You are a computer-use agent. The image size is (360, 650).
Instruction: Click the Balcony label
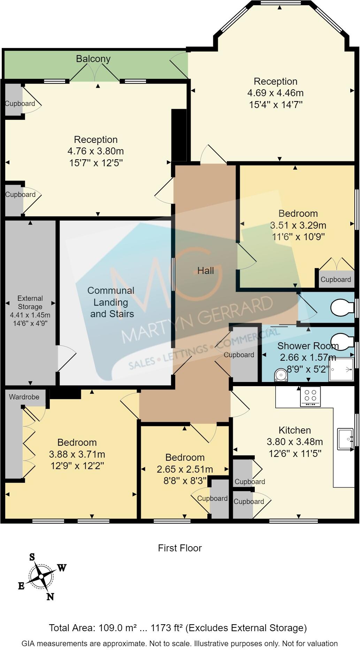[x=93, y=59]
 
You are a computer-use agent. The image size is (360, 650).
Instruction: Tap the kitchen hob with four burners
[x=310, y=396]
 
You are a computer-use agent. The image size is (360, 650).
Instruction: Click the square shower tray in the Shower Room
[x=341, y=369]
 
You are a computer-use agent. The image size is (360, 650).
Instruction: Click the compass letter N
[x=50, y=597]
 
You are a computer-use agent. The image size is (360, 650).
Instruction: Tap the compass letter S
[x=32, y=557]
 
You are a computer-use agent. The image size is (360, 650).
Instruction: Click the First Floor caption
[x=180, y=548]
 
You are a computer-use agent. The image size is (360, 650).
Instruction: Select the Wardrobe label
[x=24, y=397]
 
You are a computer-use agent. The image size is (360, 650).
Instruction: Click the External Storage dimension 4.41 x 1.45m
[x=30, y=315]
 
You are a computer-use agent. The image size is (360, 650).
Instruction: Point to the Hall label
[x=206, y=270]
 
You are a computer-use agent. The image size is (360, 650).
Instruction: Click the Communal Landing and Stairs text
[x=111, y=302]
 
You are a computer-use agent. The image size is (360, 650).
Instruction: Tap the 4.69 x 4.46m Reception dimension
[x=275, y=93]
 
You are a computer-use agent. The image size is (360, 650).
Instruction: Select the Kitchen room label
[x=294, y=430]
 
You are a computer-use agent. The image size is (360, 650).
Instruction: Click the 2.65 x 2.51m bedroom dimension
[x=185, y=469]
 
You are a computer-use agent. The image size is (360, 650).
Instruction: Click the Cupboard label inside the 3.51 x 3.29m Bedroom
[x=336, y=280]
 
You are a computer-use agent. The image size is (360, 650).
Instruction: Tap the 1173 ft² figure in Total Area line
[x=167, y=628]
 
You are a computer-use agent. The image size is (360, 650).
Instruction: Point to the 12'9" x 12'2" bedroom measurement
[x=77, y=466]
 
